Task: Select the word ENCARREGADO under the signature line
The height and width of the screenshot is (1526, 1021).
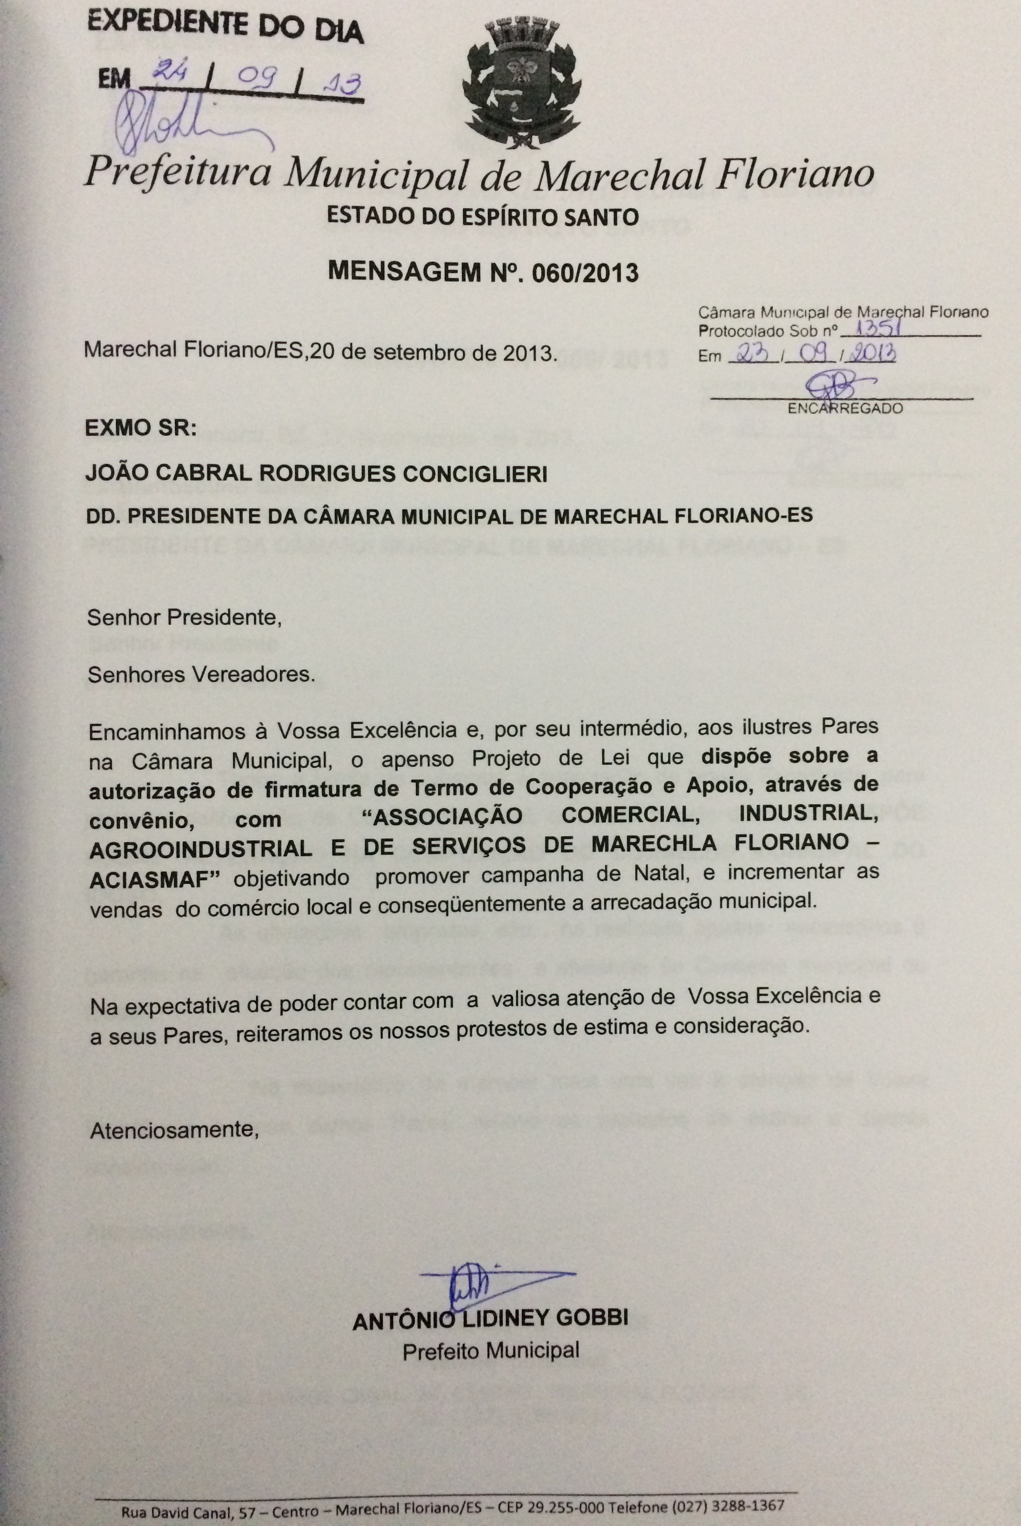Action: coord(845,409)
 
